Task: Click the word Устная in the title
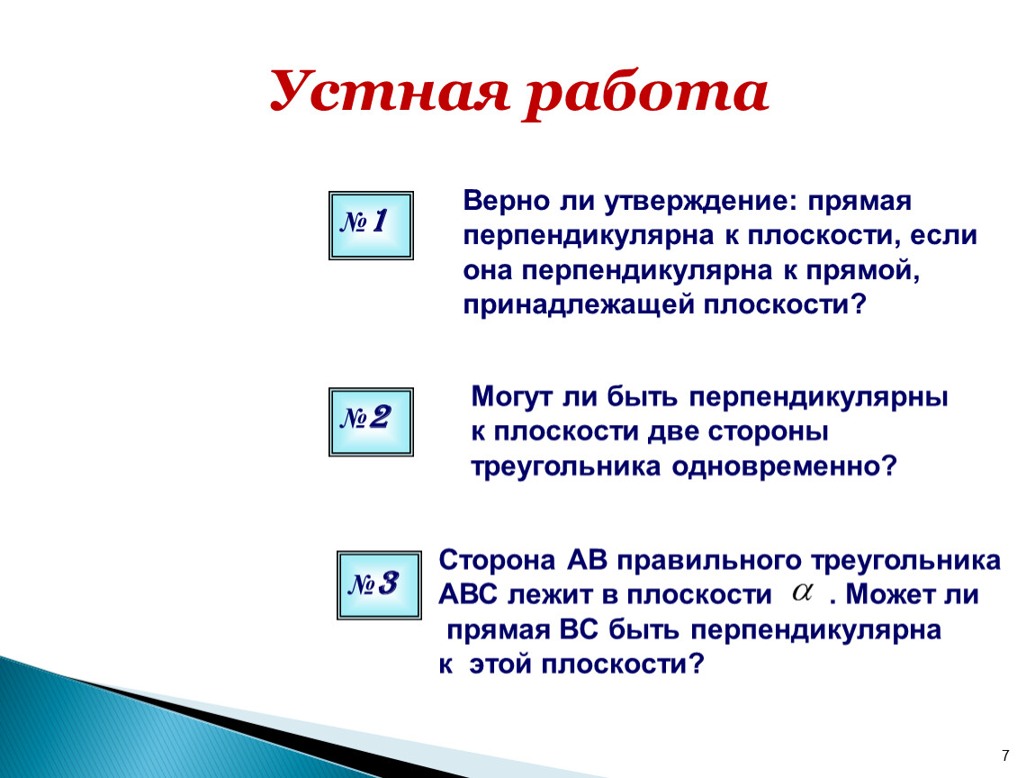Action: [390, 93]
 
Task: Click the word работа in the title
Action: [646, 95]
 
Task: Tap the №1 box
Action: [371, 225]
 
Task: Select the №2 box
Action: [371, 422]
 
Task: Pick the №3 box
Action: [379, 585]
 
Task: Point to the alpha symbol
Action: [802, 592]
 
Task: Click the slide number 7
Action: [1005, 755]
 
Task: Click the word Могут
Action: [511, 398]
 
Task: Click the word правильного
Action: [709, 562]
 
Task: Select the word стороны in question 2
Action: [769, 433]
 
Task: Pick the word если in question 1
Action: [944, 237]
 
